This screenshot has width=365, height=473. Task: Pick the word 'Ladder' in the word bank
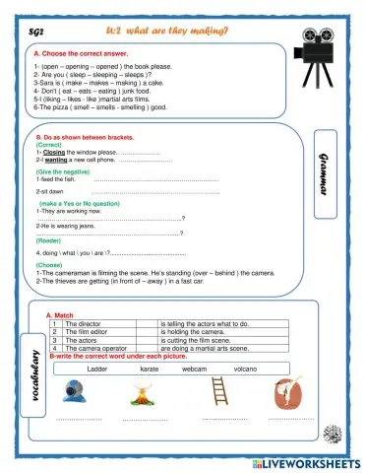[97, 368]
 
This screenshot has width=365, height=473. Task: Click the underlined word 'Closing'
[53, 154]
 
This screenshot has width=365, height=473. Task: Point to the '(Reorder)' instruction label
[48, 240]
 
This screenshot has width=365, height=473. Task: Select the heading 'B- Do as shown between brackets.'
[84, 137]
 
